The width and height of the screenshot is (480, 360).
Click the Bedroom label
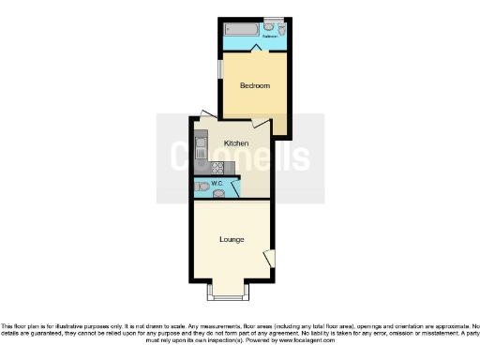[x=254, y=86]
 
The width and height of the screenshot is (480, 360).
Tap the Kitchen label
[x=235, y=142]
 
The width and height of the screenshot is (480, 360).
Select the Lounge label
[x=232, y=239]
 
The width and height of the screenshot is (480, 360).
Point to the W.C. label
[x=217, y=183]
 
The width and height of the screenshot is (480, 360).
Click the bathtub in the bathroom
[x=240, y=30]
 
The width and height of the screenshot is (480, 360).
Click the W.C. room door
[x=234, y=187]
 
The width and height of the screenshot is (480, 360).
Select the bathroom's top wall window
[x=273, y=20]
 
